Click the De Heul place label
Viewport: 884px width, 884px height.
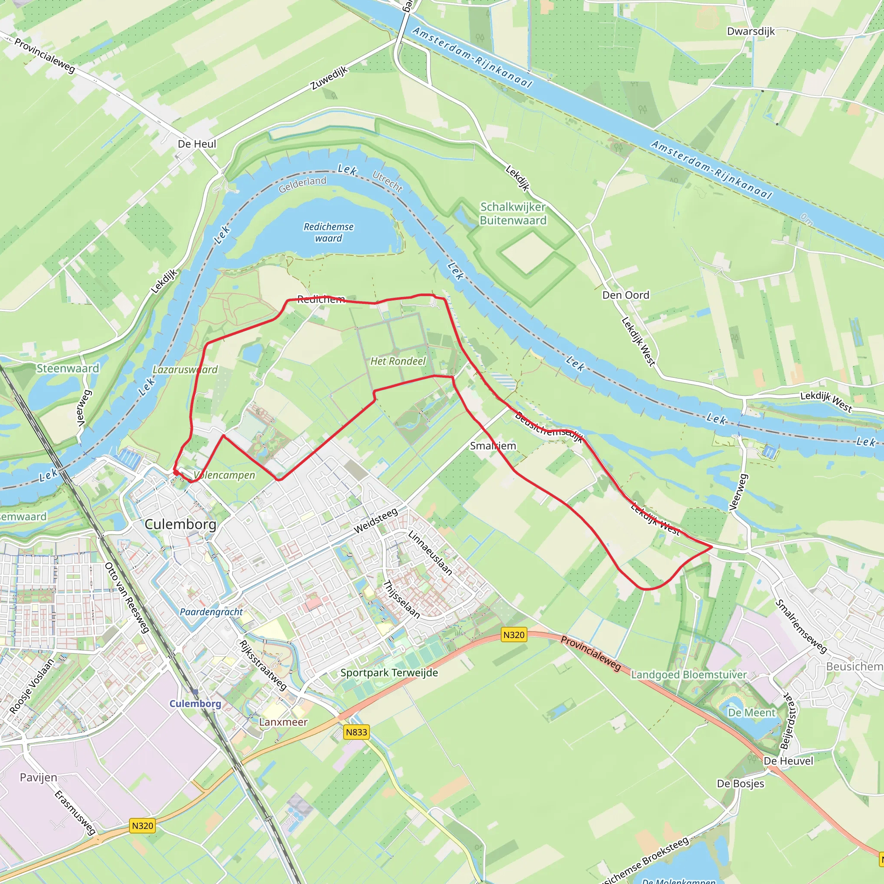pos(197,144)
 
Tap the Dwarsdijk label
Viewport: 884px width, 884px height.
pos(751,32)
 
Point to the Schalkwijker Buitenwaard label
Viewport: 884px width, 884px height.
pos(513,214)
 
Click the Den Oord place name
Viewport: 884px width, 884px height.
pos(625,295)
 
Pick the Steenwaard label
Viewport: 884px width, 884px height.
pos(68,368)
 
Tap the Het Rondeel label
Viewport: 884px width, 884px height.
pos(398,361)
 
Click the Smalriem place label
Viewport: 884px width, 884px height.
pos(493,445)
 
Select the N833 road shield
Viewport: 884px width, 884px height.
pos(357,732)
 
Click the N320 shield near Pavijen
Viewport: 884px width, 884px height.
pos(142,825)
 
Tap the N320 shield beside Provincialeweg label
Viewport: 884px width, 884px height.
pos(513,635)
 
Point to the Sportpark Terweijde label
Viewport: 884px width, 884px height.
pos(389,672)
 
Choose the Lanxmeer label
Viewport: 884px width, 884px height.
pos(283,722)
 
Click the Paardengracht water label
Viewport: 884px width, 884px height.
pos(211,612)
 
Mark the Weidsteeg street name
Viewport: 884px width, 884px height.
pos(376,521)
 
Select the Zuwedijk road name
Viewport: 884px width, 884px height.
pos(329,78)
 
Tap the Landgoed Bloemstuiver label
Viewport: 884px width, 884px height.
pos(688,675)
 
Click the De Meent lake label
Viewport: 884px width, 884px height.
pos(751,712)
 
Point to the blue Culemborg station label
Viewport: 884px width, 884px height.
pos(196,704)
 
